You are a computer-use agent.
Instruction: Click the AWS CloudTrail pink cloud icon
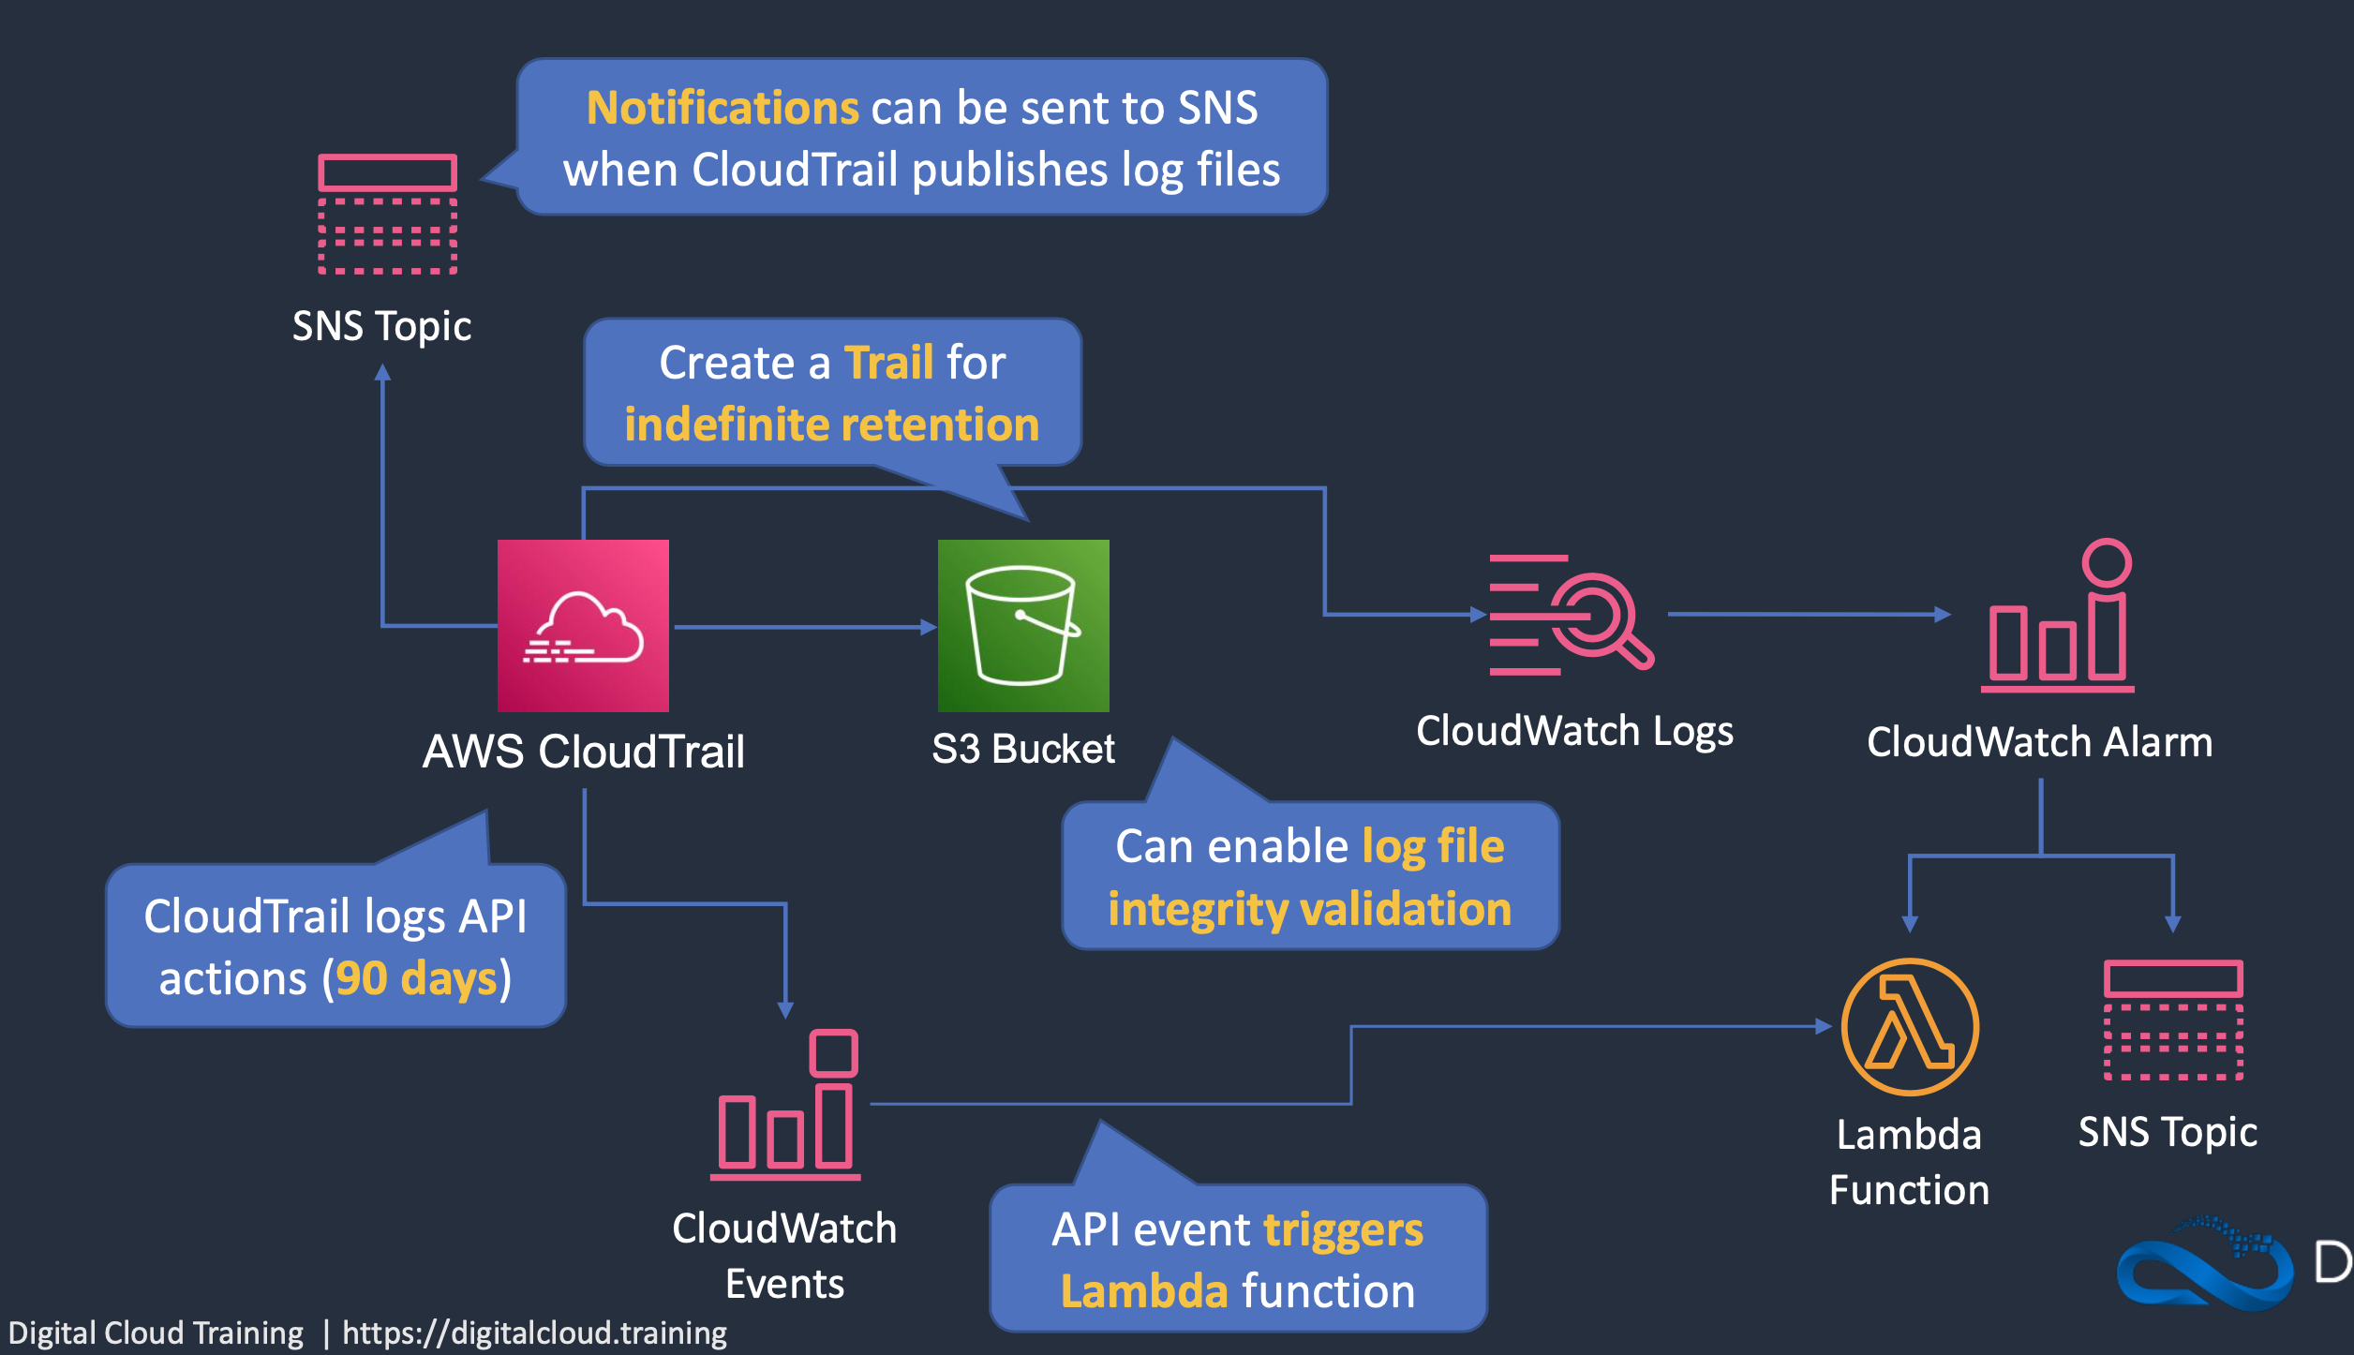(583, 625)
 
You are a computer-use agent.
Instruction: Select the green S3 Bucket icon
(1023, 625)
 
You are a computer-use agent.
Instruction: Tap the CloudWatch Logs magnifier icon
(1572, 615)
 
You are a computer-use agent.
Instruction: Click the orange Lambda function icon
(1910, 1026)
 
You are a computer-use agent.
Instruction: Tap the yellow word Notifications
(722, 108)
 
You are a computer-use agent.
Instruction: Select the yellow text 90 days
(416, 978)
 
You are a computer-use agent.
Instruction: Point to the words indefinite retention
(832, 424)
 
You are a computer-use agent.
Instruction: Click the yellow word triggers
(1343, 1230)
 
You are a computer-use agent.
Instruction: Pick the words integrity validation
(1309, 909)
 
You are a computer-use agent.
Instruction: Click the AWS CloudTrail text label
(583, 752)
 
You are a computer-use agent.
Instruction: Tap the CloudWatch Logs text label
(1574, 731)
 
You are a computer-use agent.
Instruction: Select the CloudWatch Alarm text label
(2039, 742)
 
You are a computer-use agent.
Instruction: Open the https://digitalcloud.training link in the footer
(534, 1333)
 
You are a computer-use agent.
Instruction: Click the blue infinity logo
(2204, 1265)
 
